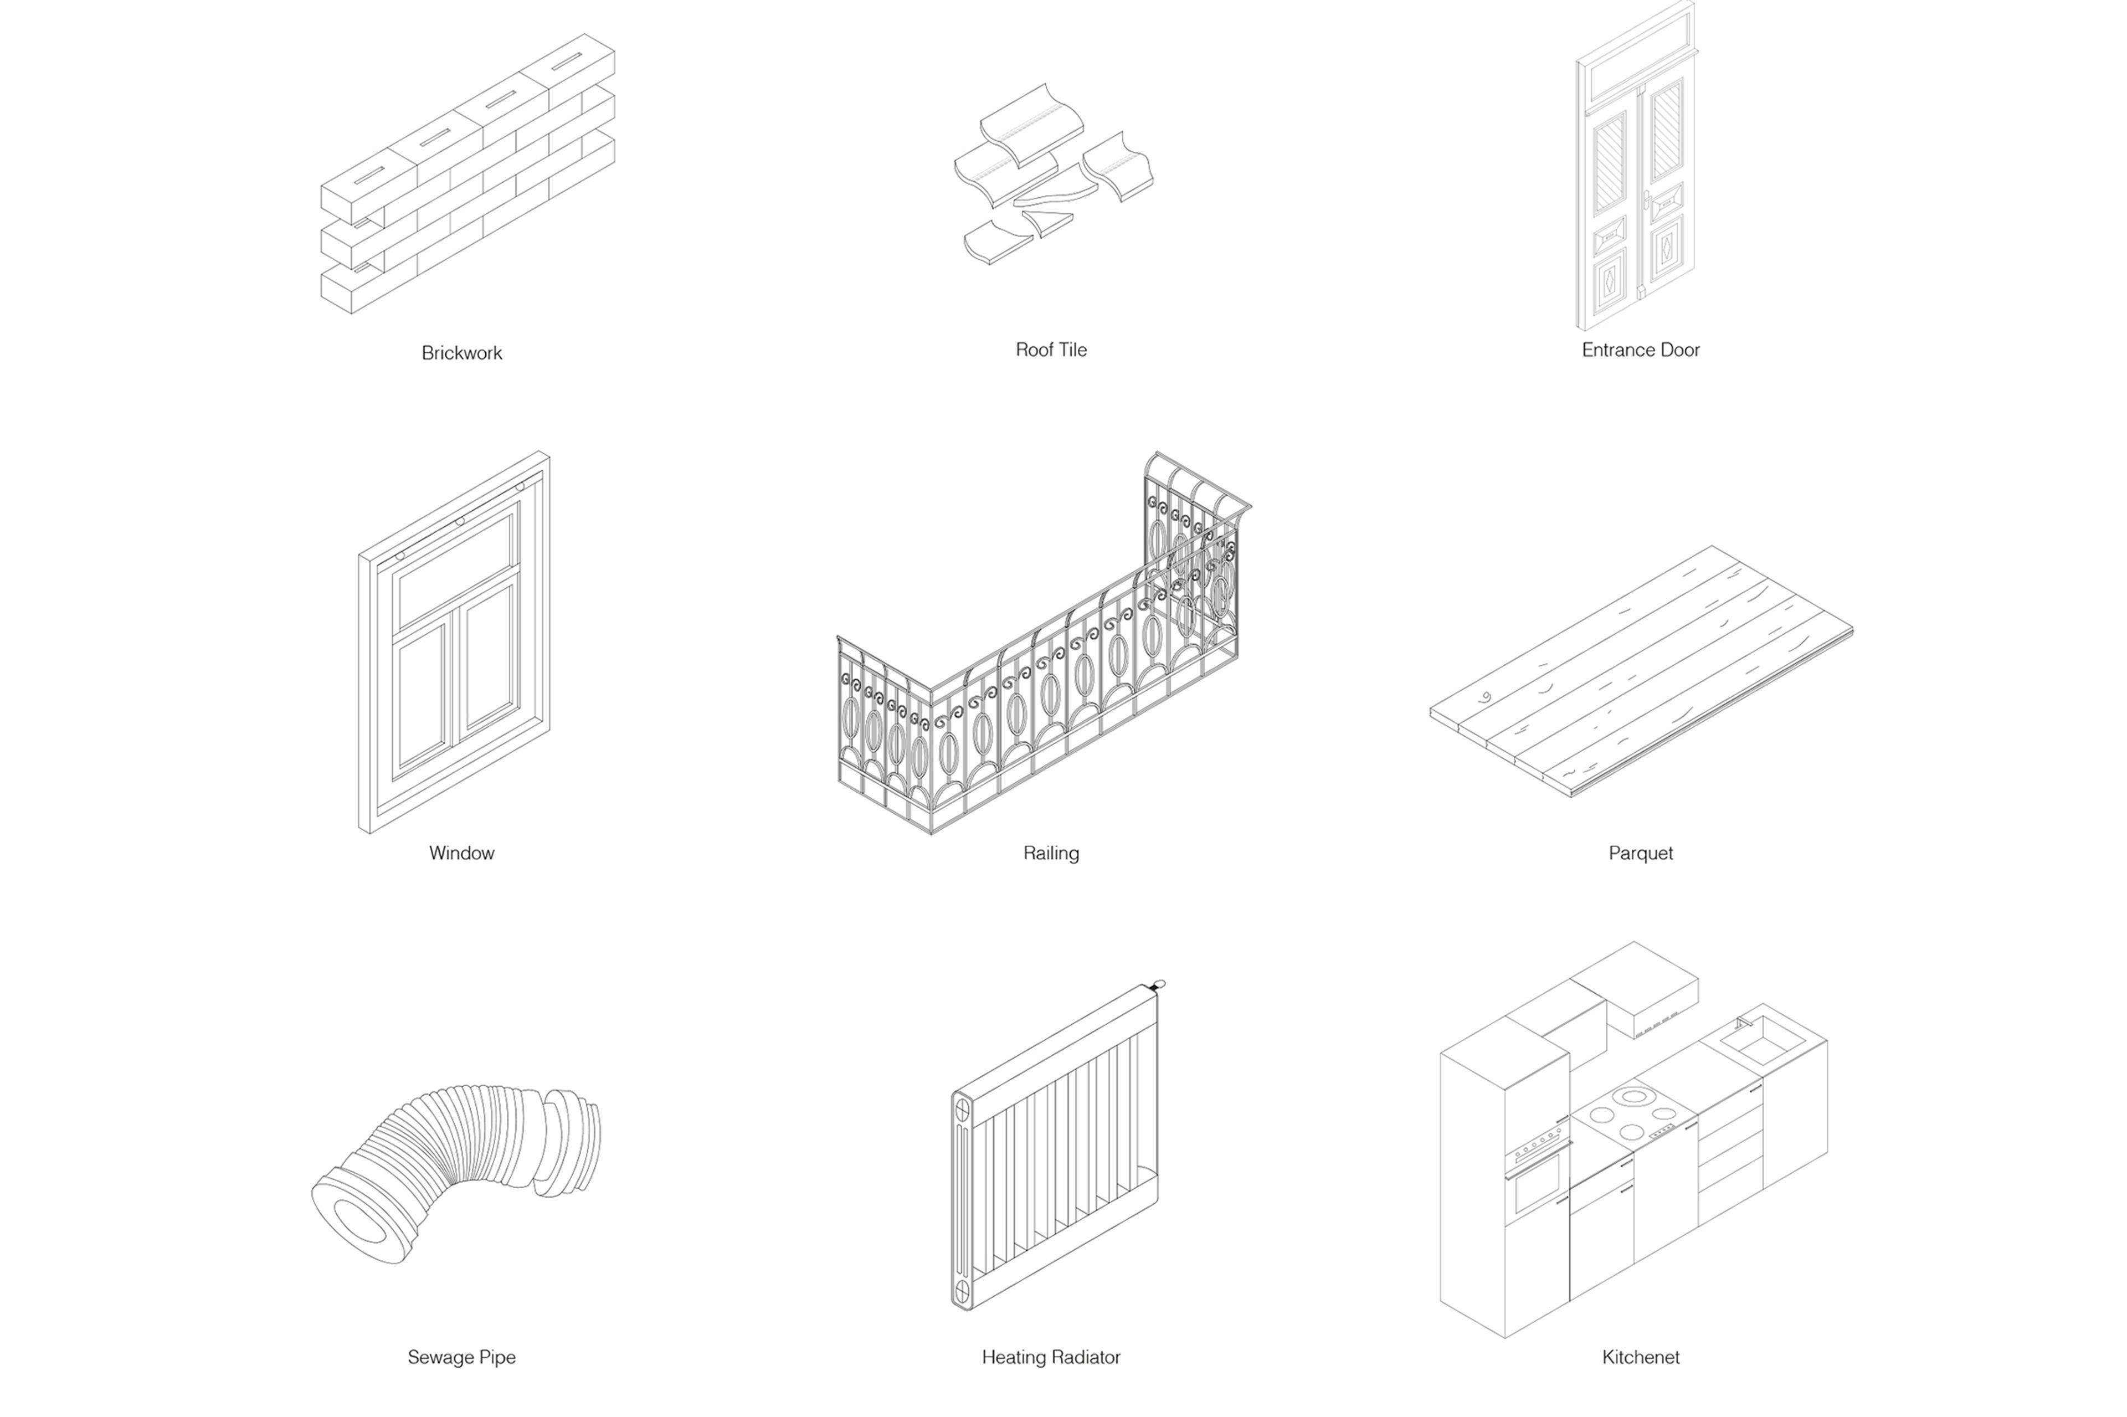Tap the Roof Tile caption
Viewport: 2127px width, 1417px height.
click(x=1050, y=350)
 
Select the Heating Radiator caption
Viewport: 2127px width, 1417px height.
click(x=1050, y=1357)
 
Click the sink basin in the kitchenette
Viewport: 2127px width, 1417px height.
click(x=1760, y=1046)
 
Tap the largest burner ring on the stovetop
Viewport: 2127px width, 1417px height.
click(x=1633, y=1097)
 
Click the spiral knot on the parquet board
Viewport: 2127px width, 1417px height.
click(x=1486, y=697)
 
